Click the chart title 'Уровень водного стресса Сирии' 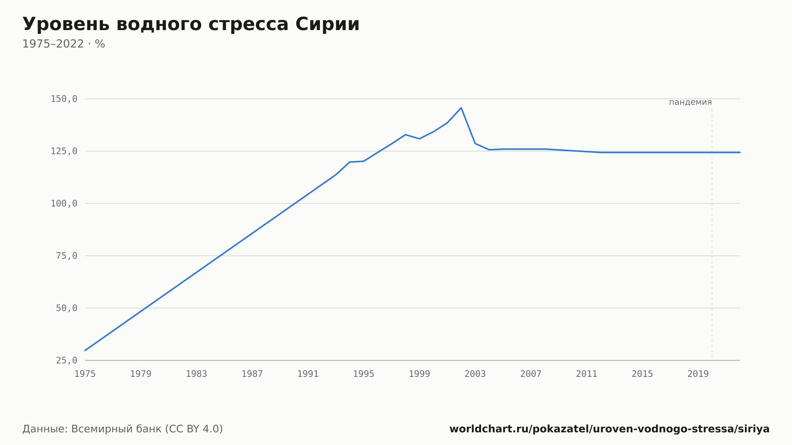(x=191, y=25)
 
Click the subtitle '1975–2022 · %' (x=64, y=44)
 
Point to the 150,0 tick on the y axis (x=64, y=99)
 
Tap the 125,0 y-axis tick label (x=64, y=151)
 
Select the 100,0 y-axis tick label (x=64, y=203)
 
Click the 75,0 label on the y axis (x=67, y=256)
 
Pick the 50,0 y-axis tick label (x=67, y=308)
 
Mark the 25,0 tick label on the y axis (x=67, y=360)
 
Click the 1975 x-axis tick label (x=85, y=374)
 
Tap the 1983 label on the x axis (x=196, y=374)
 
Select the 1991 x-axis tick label (x=308, y=374)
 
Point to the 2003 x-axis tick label (x=475, y=374)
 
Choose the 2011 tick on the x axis (x=586, y=374)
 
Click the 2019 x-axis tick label (x=698, y=374)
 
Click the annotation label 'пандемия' (x=690, y=102)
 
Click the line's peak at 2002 (x=461, y=108)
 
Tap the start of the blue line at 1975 (x=85, y=350)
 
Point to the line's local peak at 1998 (x=406, y=135)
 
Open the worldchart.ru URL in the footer (x=609, y=429)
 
